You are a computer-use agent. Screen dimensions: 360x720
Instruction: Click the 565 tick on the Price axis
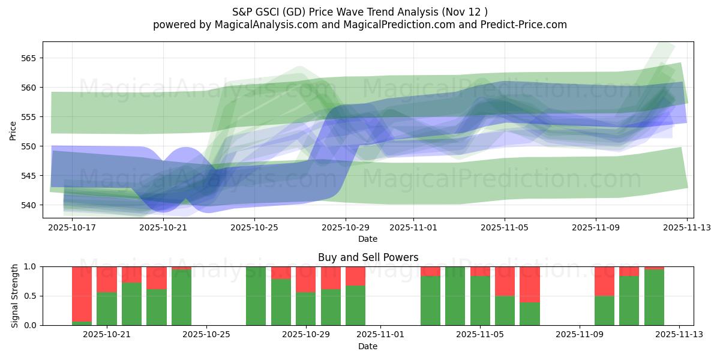[28, 58]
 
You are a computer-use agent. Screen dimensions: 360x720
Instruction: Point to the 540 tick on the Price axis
[28, 205]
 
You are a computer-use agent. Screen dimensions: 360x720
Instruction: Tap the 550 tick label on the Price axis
[28, 146]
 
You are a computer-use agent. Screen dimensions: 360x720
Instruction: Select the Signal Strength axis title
[16, 296]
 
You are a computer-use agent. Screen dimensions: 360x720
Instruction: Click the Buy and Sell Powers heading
[368, 257]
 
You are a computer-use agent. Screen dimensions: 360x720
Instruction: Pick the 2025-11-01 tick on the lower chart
[380, 334]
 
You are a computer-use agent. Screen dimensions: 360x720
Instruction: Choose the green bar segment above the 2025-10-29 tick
[306, 309]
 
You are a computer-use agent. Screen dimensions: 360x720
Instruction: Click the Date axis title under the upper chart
[368, 239]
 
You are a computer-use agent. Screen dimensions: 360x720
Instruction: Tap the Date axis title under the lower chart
[368, 346]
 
